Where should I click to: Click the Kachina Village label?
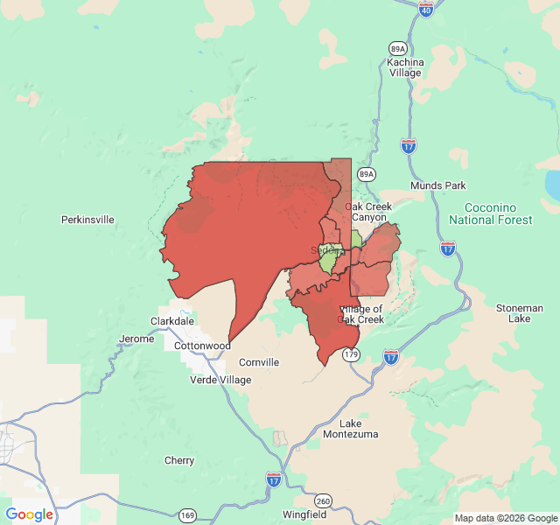(x=405, y=67)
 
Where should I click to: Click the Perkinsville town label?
(x=87, y=220)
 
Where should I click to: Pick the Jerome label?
(x=136, y=339)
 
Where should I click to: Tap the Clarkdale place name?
(x=172, y=321)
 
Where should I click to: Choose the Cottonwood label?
(x=202, y=346)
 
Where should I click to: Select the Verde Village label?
(x=221, y=380)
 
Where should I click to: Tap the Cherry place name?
(x=179, y=460)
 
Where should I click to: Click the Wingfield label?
(x=304, y=515)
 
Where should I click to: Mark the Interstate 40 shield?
(x=426, y=9)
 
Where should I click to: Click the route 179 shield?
(x=351, y=354)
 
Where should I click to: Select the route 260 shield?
(x=324, y=500)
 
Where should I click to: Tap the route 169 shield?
(x=187, y=515)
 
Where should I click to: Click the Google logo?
(x=30, y=514)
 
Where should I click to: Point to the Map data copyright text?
(x=504, y=518)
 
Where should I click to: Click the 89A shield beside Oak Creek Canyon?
(x=367, y=174)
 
